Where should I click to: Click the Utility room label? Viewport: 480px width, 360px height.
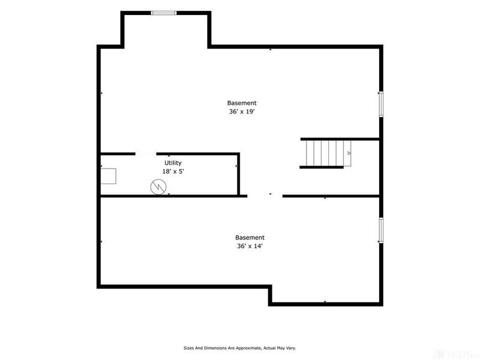173,163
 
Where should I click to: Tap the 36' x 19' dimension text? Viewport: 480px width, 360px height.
242,112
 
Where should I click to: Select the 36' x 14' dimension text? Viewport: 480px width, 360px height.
250,246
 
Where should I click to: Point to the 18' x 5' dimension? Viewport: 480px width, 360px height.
173,172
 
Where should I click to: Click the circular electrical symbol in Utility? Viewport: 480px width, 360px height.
158,187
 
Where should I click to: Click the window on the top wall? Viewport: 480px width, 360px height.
164,13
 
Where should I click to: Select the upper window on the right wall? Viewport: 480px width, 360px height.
381,104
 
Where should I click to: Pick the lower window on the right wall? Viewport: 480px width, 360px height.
381,230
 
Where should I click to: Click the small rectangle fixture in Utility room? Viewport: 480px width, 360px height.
109,176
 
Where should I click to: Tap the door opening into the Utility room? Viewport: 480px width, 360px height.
146,154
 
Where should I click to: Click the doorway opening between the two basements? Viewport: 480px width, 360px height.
265,196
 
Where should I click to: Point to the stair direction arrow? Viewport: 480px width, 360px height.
349,153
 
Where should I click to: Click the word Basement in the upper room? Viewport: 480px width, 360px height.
242,103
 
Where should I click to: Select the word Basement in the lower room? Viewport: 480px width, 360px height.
250,238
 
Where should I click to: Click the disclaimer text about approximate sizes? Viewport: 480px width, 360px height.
239,348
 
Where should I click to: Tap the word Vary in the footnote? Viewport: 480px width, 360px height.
292,348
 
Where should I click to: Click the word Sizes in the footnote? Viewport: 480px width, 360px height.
188,348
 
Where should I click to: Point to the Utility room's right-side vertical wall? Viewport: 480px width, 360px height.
238,174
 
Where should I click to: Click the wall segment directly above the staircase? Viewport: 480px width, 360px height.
340,139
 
